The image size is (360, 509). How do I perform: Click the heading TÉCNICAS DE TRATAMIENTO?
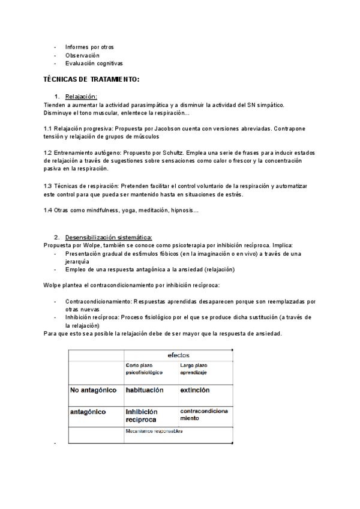[x=92, y=79]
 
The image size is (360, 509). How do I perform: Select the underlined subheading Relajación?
[x=81, y=97]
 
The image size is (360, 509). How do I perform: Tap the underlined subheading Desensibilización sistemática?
[x=109, y=237]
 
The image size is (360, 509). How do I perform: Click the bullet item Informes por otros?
[x=89, y=47]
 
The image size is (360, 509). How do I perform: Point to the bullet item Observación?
[x=82, y=55]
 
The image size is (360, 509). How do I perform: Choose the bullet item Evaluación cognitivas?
[x=94, y=63]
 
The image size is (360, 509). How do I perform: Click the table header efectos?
[x=178, y=355]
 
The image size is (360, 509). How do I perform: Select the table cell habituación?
[x=144, y=390]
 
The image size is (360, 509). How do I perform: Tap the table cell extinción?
[x=195, y=390]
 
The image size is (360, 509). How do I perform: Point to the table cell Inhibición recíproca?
[x=142, y=415]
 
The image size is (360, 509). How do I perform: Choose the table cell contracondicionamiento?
[x=204, y=415]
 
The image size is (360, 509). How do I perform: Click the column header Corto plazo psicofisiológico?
[x=144, y=369]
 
